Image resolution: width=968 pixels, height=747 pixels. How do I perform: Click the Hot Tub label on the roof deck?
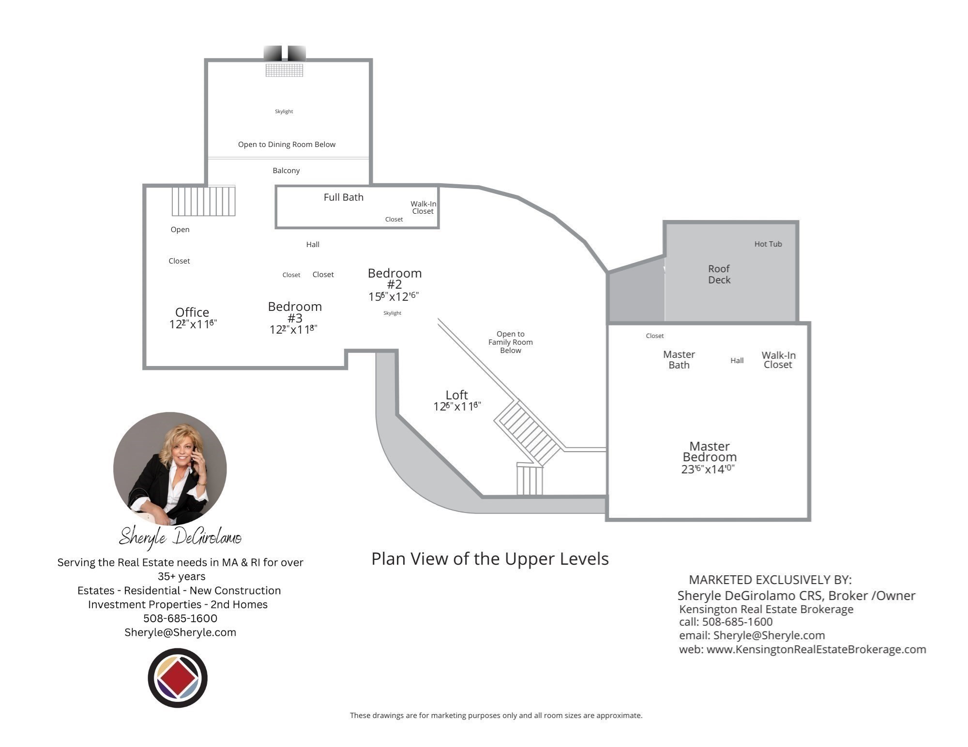(768, 244)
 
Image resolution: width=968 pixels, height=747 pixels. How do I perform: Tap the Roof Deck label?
(719, 274)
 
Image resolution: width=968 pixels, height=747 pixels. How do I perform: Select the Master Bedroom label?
(709, 452)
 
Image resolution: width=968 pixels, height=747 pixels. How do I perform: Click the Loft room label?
(456, 395)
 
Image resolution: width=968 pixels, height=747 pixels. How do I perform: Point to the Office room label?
(192, 312)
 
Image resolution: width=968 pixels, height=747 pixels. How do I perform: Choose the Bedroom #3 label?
(294, 312)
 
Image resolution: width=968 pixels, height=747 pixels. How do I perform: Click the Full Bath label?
(343, 197)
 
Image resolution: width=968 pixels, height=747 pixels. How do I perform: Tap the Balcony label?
(286, 171)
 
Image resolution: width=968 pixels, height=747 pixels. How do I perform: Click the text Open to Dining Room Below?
(287, 145)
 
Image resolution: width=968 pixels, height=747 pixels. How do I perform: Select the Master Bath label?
(679, 360)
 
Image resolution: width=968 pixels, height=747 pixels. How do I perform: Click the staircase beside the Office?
(203, 201)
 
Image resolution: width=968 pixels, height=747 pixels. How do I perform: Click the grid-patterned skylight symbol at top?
(284, 70)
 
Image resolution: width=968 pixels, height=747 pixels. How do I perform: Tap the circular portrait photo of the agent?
(170, 469)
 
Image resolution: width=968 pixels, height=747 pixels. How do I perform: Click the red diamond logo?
(178, 678)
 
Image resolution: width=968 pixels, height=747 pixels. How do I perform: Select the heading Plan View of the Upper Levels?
(489, 559)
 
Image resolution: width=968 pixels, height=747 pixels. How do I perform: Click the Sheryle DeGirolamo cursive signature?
(180, 537)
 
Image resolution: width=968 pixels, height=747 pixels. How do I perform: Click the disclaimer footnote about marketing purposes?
(496, 715)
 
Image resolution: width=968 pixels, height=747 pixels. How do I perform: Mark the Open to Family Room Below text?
(510, 342)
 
